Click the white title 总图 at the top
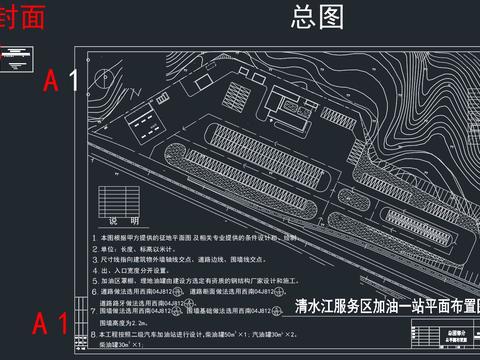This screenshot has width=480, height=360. [x=316, y=16]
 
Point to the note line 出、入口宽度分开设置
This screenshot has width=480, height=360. [x=150, y=270]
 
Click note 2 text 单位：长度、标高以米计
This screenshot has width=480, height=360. [x=150, y=248]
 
